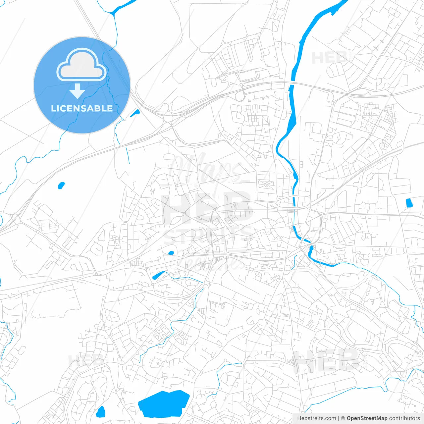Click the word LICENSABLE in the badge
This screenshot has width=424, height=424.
point(82,108)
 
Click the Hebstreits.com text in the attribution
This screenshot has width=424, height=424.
point(316,418)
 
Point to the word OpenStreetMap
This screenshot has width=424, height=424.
point(367,418)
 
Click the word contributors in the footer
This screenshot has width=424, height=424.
point(404,418)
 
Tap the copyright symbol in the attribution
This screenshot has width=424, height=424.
point(343,418)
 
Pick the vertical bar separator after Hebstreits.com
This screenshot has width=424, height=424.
point(338,418)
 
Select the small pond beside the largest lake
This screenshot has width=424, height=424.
point(101,412)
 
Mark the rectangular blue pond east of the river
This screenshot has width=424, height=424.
point(409,203)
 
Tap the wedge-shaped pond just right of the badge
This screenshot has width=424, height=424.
point(135,113)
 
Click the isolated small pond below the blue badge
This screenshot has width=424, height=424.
point(61,185)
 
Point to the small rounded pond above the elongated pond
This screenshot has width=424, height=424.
point(171,253)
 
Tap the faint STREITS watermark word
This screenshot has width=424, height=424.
point(207,234)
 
